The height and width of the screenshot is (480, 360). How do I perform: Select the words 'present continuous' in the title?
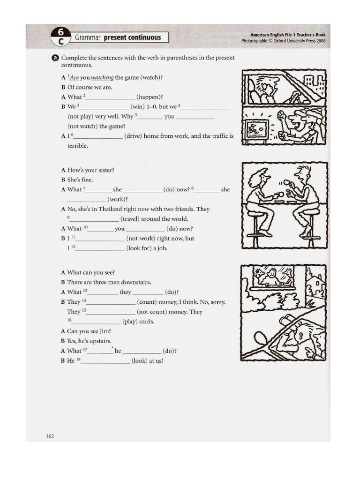tap(132, 37)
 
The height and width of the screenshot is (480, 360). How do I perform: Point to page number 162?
tap(50, 436)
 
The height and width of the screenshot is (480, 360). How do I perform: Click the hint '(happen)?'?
tap(150, 97)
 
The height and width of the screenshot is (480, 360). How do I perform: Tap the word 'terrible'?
tap(78, 146)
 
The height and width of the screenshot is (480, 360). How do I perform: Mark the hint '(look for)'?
tap(139, 248)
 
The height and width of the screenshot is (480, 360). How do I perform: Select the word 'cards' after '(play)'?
tap(146, 322)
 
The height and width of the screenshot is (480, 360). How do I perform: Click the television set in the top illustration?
tap(257, 128)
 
